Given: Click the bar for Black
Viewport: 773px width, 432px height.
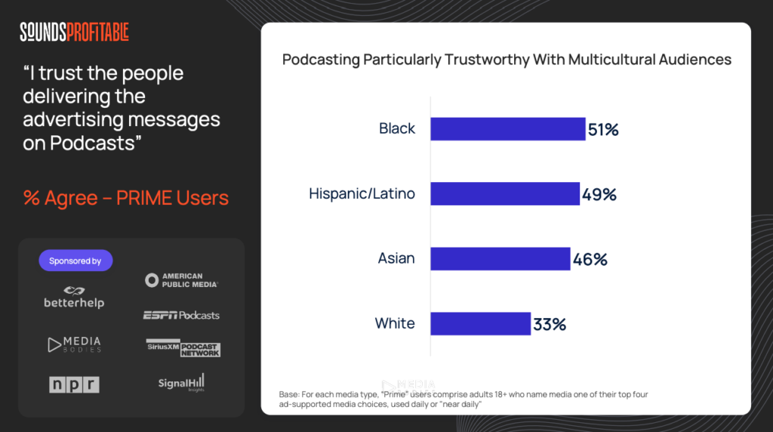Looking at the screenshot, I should [x=508, y=129].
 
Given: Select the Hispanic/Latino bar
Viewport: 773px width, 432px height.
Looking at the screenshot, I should [x=505, y=194].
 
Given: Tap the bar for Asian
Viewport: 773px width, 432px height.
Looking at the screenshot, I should [x=500, y=259].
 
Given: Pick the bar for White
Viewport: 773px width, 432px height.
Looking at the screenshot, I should [x=480, y=324].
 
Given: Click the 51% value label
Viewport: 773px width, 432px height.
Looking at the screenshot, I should [x=603, y=130].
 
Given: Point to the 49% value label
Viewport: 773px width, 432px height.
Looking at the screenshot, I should [x=599, y=195].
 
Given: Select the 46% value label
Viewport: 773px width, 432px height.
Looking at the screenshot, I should [x=590, y=260].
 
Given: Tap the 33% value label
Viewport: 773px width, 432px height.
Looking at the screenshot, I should [x=550, y=325].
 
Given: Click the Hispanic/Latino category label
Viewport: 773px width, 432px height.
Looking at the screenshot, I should [x=362, y=194].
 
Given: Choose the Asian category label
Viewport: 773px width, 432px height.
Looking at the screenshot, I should [x=396, y=259].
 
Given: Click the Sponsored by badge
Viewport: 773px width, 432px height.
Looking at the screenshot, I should [x=75, y=261].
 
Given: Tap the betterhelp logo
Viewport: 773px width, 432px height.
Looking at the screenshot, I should [x=74, y=297].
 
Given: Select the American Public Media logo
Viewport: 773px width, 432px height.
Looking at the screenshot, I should [x=182, y=280].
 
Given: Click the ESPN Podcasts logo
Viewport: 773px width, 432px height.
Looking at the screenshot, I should [x=181, y=315].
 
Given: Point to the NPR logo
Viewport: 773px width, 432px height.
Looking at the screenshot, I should [x=74, y=384].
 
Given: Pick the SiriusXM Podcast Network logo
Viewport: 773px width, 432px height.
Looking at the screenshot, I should [x=183, y=348].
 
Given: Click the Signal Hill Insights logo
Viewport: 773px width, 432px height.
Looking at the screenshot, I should [x=181, y=384].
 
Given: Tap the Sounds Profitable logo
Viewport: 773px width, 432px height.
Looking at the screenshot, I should [x=74, y=32].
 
